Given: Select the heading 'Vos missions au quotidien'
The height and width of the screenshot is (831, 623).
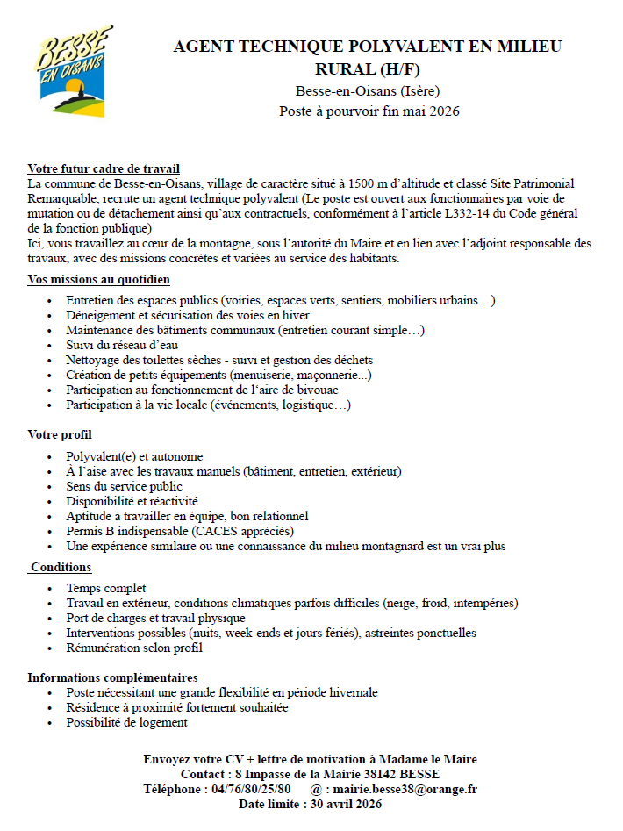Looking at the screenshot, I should [98, 279].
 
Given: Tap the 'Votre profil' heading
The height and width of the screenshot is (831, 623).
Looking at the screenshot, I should [60, 434].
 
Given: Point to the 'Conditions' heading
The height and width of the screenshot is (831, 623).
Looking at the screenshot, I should [61, 567].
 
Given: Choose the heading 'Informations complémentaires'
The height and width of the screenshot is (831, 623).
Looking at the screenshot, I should [112, 677].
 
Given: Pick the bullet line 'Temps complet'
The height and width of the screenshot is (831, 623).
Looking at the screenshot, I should [106, 588].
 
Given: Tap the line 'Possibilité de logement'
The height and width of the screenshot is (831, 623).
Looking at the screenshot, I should [126, 722].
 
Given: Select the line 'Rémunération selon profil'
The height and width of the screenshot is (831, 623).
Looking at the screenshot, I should [134, 648].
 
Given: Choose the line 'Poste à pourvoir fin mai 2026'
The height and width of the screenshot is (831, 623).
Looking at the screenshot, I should [369, 111].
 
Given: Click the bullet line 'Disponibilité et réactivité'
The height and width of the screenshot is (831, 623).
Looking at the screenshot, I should [132, 501].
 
